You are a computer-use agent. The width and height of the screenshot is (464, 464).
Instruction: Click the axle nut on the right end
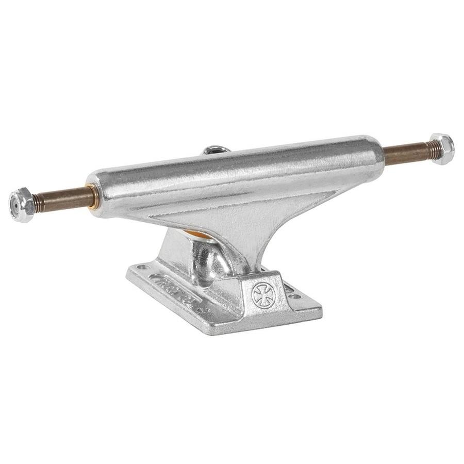tap(442, 148)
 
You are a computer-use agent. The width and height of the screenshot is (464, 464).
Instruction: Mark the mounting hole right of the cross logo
tap(295, 296)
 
